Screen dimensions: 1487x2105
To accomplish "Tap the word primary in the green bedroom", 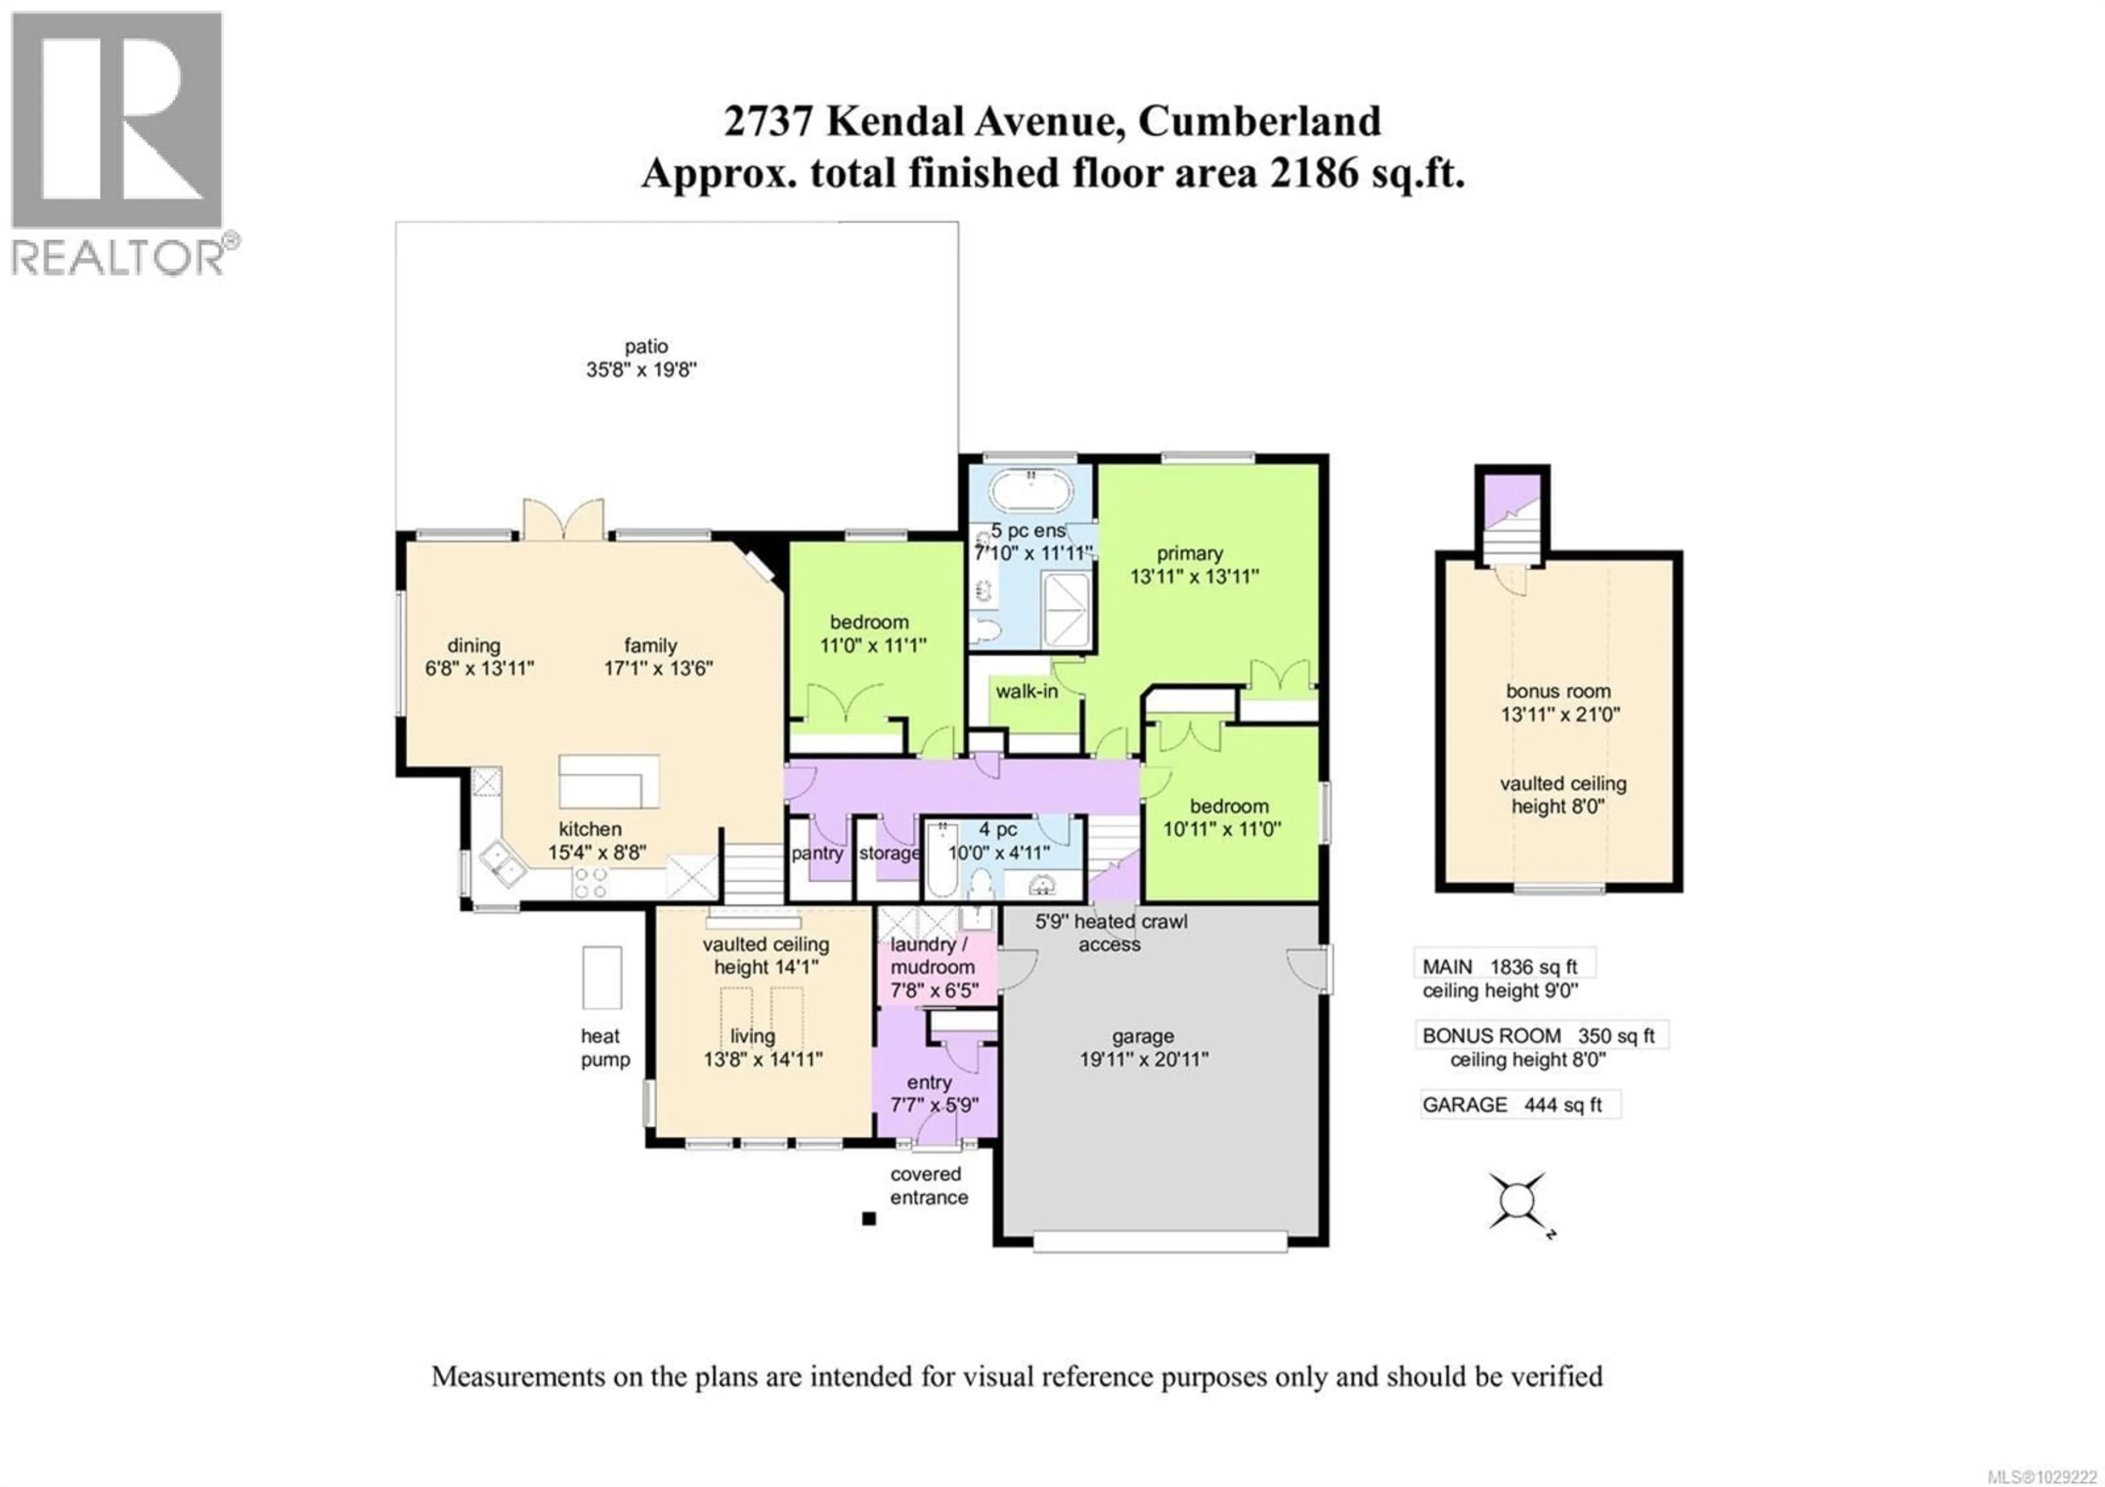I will pyautogui.click(x=1189, y=553).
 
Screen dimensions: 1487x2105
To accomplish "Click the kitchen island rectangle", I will pyautogui.click(x=609, y=781).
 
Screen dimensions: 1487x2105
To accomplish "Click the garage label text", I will pyautogui.click(x=1142, y=1036).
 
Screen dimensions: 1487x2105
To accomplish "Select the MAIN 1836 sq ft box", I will pyautogui.click(x=1504, y=966).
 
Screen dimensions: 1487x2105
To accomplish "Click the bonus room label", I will pyautogui.click(x=1558, y=691).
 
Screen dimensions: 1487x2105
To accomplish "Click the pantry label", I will pyautogui.click(x=817, y=853).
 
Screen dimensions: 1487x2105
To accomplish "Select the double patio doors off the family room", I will pyautogui.click(x=563, y=520).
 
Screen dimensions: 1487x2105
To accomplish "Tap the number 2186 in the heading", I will pyautogui.click(x=1313, y=173).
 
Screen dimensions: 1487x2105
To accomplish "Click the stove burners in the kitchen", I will pyautogui.click(x=589, y=883).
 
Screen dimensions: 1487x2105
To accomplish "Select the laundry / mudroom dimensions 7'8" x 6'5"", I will pyautogui.click(x=934, y=990).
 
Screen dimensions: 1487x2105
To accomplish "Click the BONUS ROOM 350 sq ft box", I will pyautogui.click(x=1540, y=1035).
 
